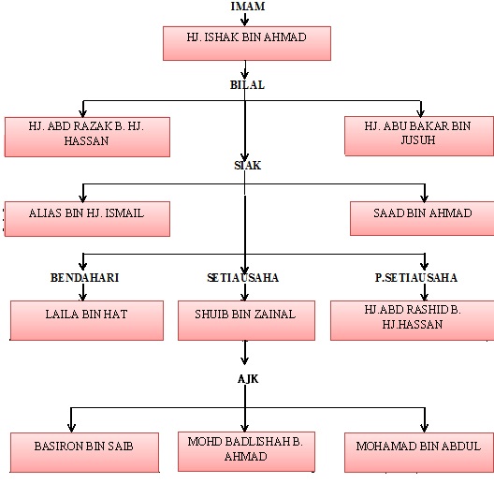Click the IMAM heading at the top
pos(248,7)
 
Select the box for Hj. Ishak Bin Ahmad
pos(247,43)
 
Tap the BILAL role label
pos(247,85)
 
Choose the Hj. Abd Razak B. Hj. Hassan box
pos(87,137)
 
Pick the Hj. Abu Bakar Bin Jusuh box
pos(419,136)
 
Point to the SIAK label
pos(248,166)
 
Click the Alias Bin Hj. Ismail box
pos(87,219)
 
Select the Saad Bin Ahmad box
pos(422,218)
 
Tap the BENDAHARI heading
pos(84,278)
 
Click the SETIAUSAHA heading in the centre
pos(243,278)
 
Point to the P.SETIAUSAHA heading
pos(416,278)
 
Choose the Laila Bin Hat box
pos(87,320)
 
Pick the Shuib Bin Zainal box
pos(246,320)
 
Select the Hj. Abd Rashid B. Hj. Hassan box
pos(412,320)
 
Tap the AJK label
pos(248,379)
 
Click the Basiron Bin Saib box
pos(84,452)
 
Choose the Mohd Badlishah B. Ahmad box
pos(246,451)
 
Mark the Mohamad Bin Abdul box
pos(419,452)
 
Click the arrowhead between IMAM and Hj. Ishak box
pos(244,22)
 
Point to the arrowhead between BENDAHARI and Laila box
pos(83,297)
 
